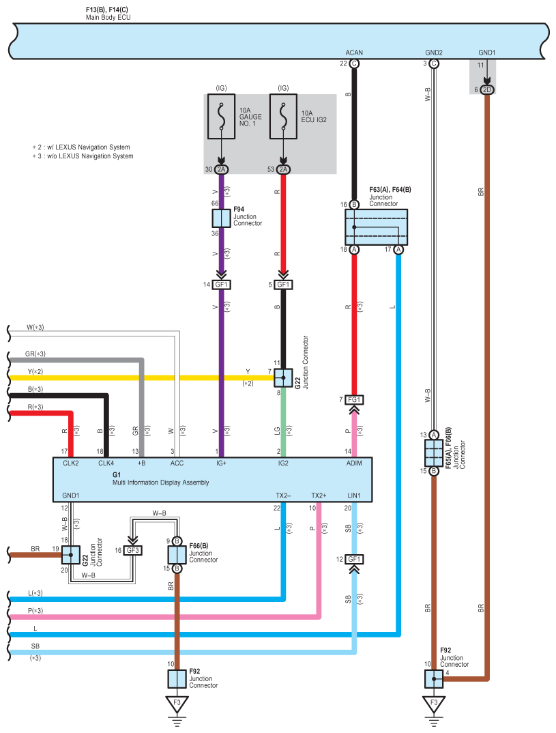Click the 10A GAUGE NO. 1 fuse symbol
(222, 117)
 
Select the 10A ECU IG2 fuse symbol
(283, 117)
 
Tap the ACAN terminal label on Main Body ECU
(354, 53)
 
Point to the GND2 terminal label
(434, 53)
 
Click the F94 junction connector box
(222, 218)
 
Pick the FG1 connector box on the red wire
(354, 400)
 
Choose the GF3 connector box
(133, 550)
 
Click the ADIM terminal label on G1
(354, 463)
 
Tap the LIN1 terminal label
(354, 495)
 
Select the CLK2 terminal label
(71, 463)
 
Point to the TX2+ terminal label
(319, 495)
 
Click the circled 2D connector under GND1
(487, 90)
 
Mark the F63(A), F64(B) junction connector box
(376, 227)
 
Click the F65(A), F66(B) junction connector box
(434, 453)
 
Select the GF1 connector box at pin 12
(354, 559)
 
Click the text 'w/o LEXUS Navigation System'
(90, 156)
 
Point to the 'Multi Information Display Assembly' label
(161, 483)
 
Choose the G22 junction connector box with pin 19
(70, 555)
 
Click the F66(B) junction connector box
(177, 555)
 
